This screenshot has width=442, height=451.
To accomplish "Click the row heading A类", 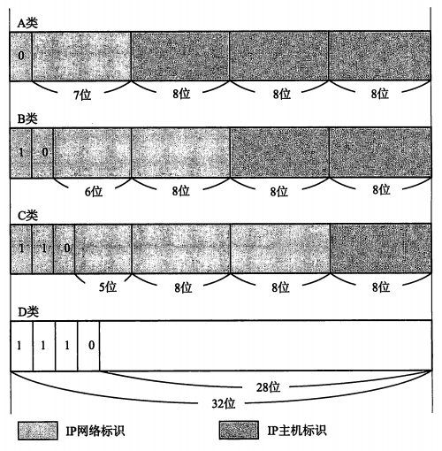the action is point(27,23).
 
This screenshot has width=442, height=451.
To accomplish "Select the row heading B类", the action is point(27,118).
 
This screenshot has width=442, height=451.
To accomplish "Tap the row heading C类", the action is point(27,216).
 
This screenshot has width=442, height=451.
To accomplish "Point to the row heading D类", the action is point(28,312).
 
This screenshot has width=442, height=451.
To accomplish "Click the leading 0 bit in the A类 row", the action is point(21,56).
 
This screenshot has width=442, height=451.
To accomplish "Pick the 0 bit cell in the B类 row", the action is point(42,152).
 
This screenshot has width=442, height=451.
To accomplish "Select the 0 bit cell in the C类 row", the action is point(65,248).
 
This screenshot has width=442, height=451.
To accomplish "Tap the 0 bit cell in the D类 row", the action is point(88,345).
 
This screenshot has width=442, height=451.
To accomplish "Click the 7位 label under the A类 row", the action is point(82,95).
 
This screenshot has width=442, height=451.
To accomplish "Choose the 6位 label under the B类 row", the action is point(94,191).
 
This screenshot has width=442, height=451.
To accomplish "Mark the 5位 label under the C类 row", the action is point(108,287).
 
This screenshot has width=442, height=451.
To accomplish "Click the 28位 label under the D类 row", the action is point(268,387).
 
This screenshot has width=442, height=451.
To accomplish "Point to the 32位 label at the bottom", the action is point(224,403).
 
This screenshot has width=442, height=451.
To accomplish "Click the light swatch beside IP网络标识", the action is point(38,431).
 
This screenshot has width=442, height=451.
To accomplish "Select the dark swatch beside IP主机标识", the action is point(239,430).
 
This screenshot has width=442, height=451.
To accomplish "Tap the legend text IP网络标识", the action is point(95,431).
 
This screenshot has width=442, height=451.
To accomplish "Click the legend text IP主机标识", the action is point(297,431).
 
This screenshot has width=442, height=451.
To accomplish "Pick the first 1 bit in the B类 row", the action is point(21,152).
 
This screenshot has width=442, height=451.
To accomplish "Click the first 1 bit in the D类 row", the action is point(21,345).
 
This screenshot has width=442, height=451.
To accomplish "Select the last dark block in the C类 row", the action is point(380,248).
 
